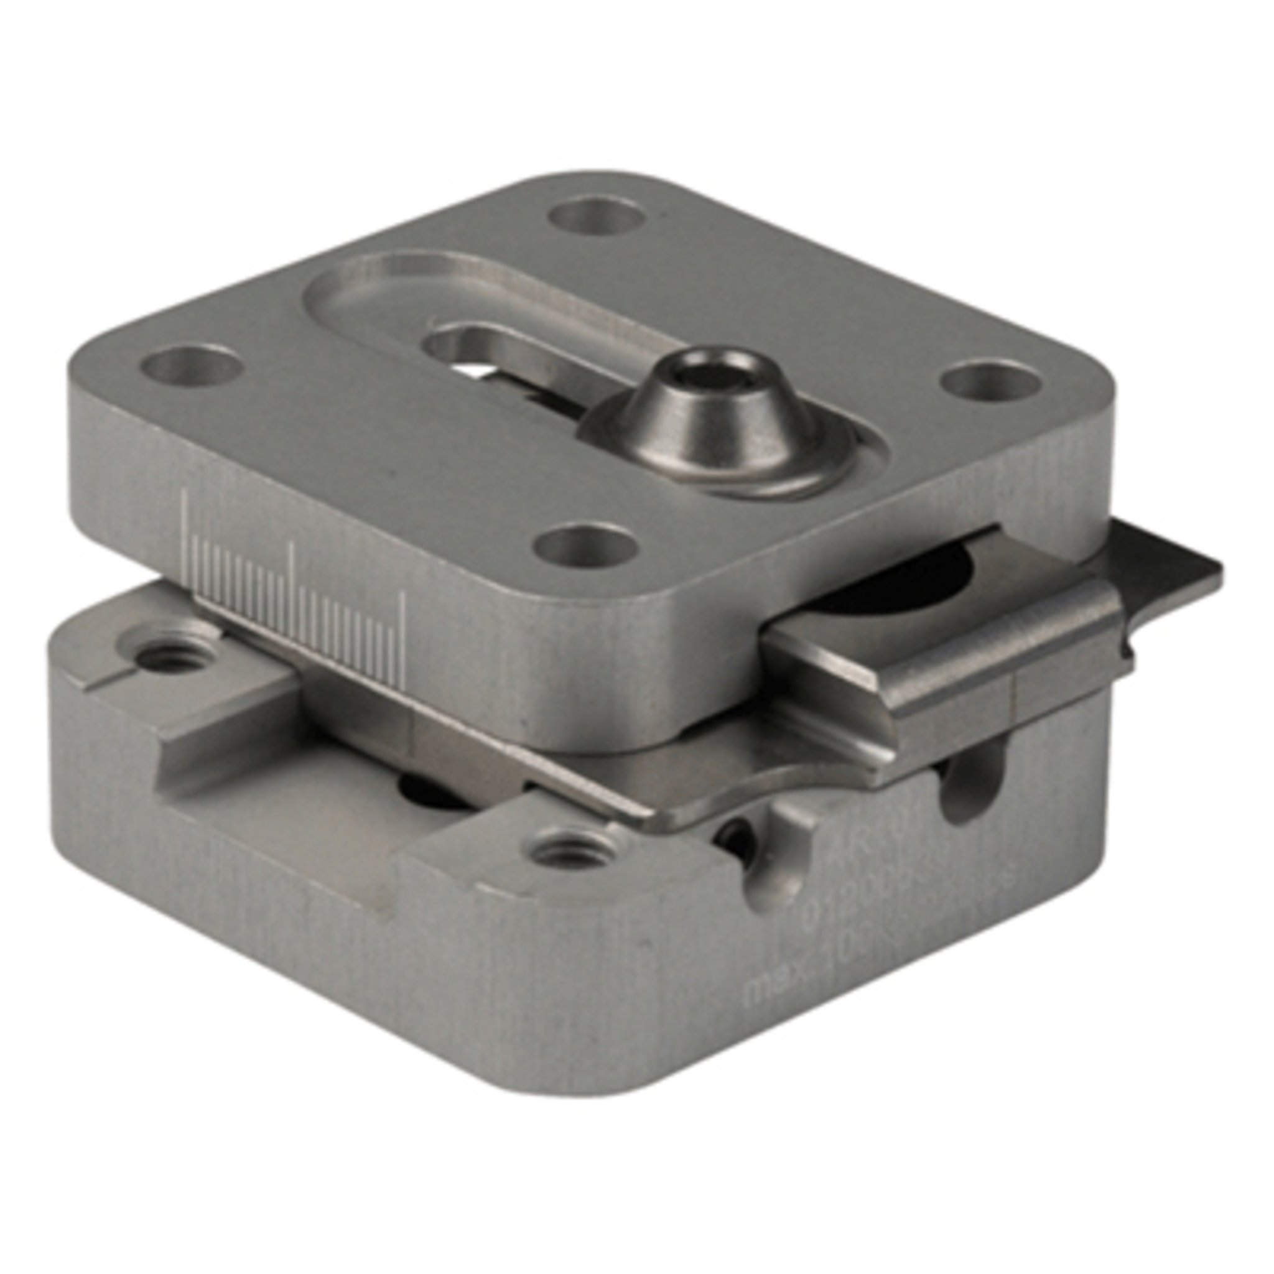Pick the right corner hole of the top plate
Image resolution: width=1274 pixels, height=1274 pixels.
coord(990,381)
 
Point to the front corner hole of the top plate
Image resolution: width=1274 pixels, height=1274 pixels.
coord(585,546)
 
